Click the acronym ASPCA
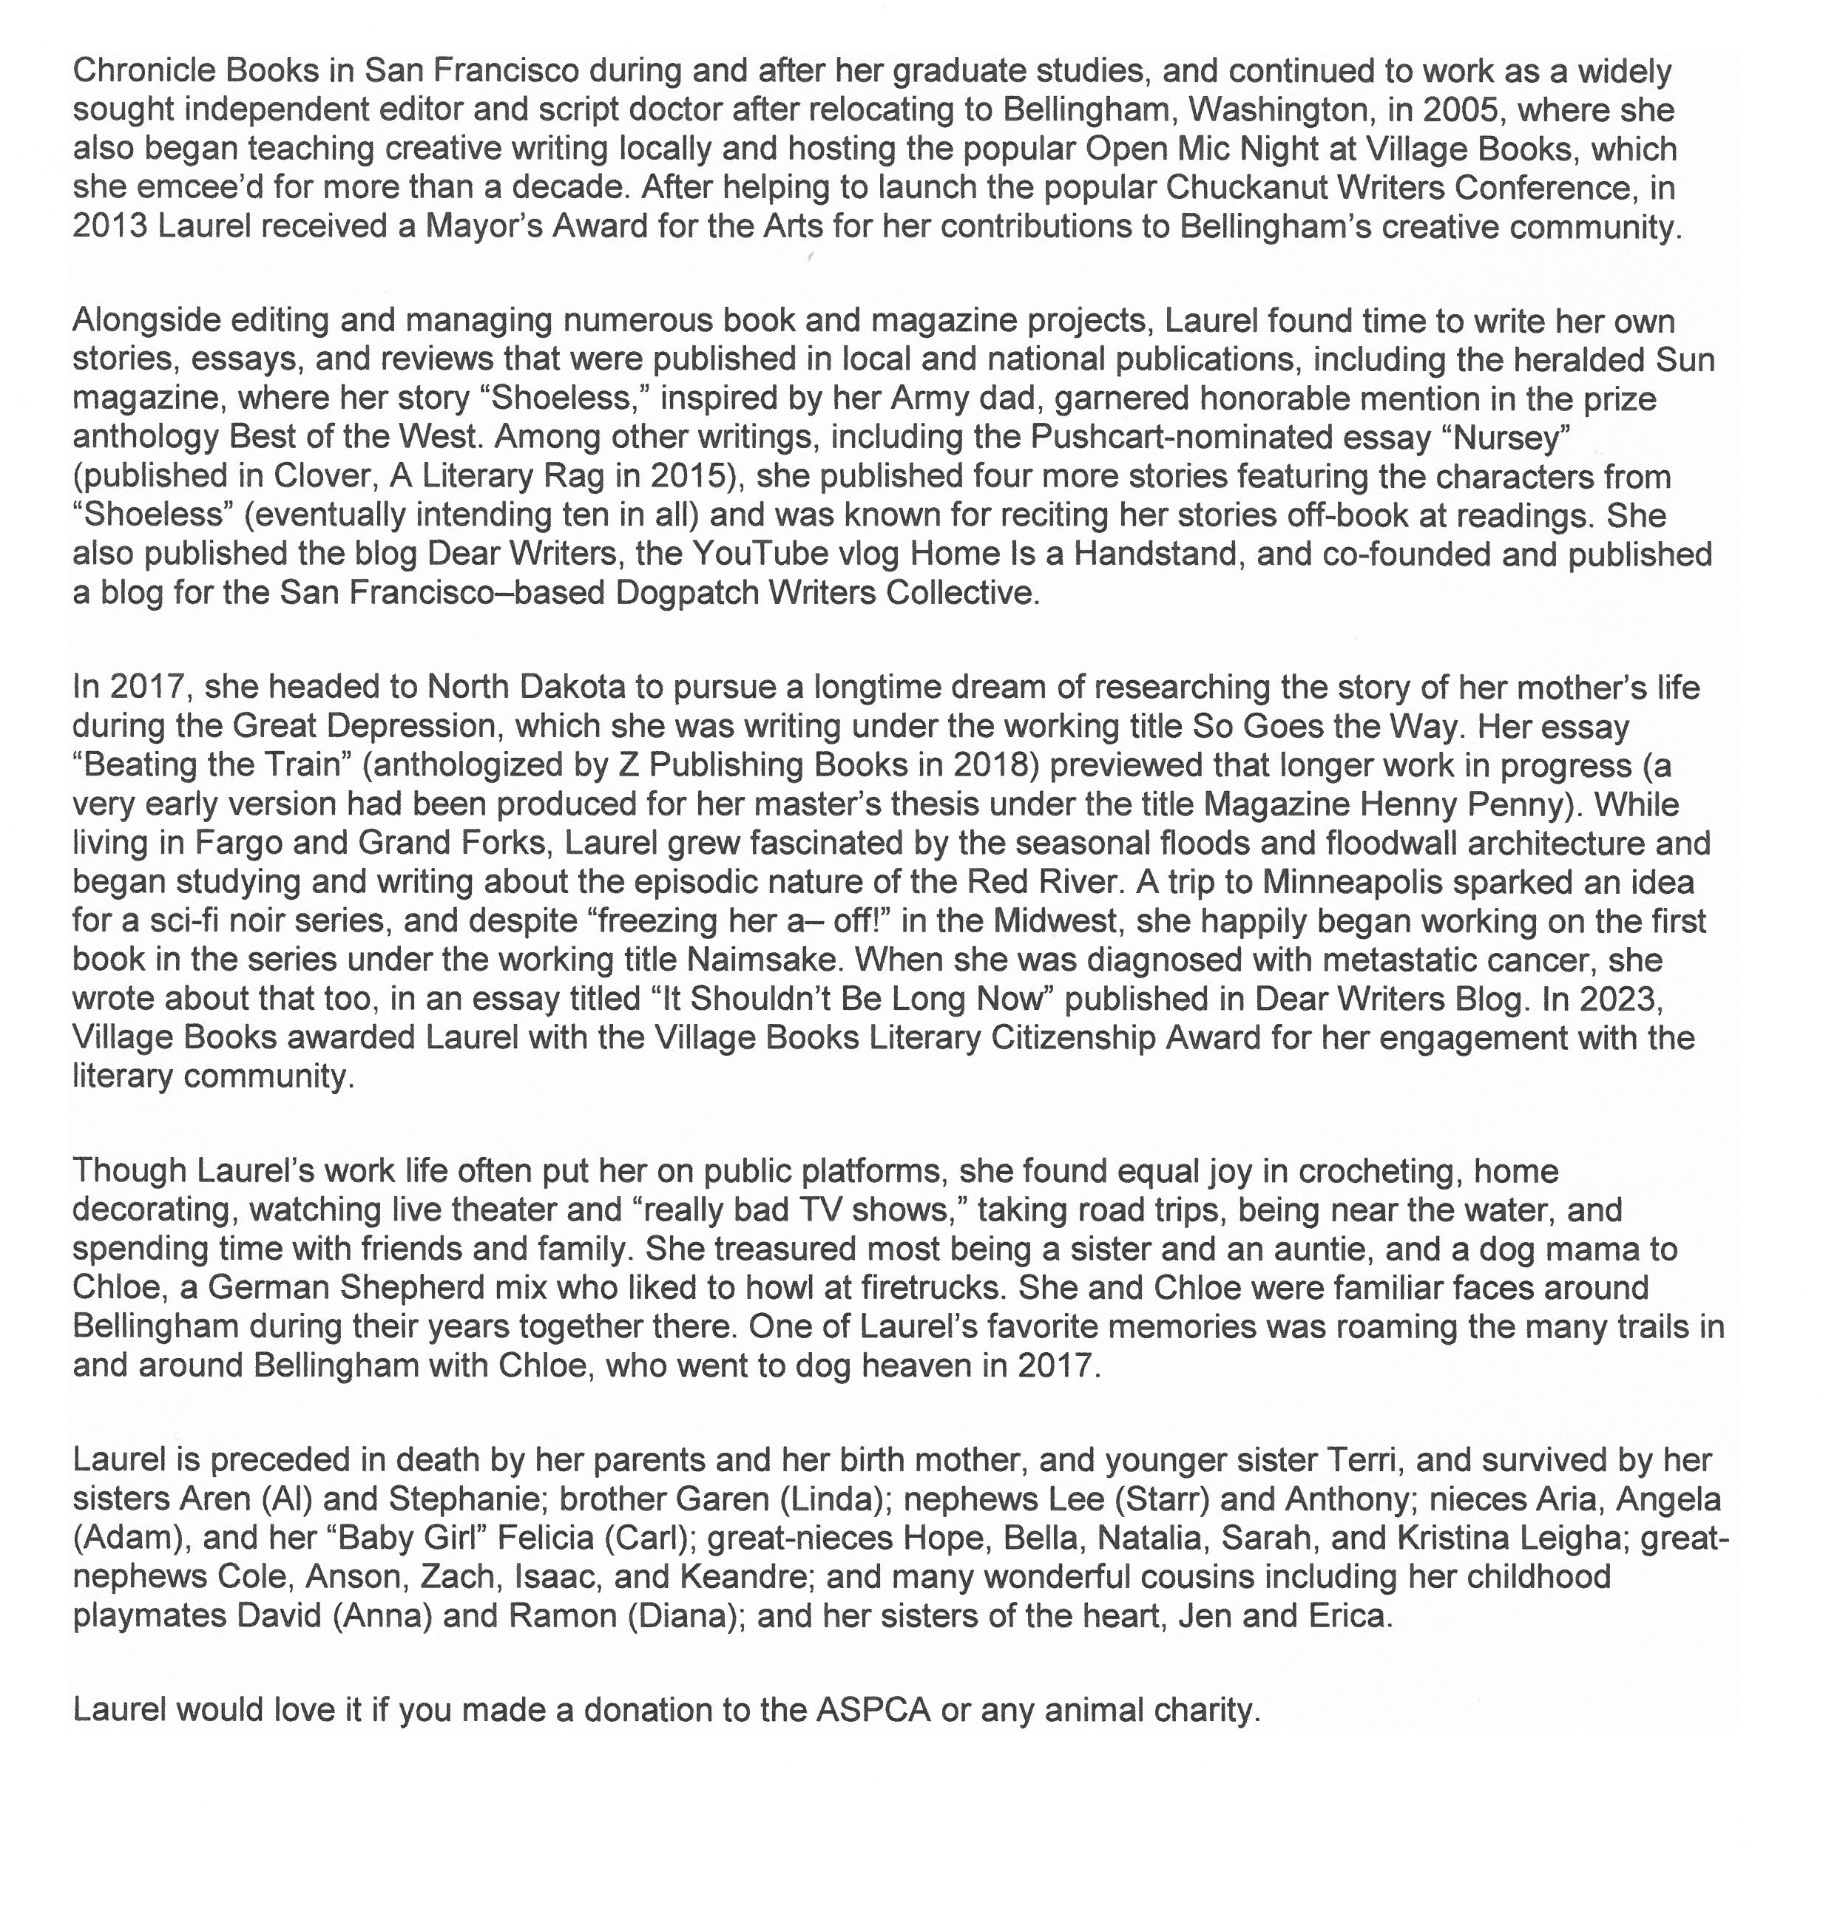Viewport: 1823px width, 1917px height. [873, 1709]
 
